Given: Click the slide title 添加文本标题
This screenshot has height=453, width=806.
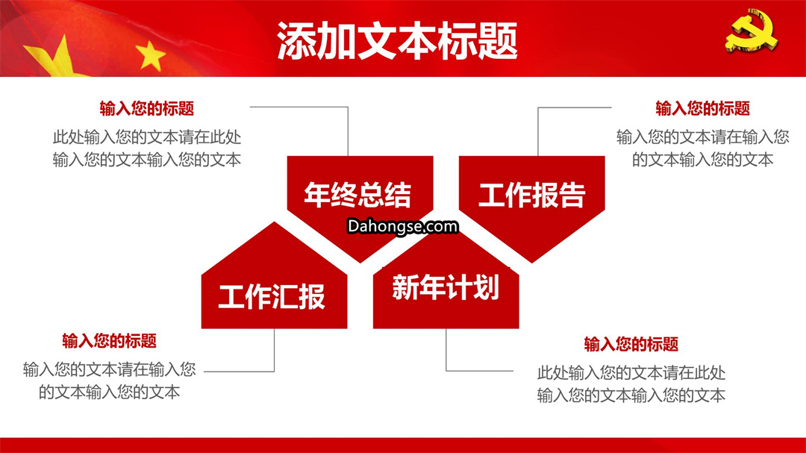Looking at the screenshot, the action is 397,41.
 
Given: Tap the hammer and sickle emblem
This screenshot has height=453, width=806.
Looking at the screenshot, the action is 752,31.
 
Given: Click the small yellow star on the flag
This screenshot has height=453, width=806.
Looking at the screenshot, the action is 150,55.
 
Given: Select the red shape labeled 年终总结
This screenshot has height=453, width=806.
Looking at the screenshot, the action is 360,201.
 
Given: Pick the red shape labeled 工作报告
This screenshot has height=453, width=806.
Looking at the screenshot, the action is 531,201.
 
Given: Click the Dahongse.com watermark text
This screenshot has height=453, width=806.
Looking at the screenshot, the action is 402,226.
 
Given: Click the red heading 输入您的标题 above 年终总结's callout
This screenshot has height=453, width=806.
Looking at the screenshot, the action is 147,108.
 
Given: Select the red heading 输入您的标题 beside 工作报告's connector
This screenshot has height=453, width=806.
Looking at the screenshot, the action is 703,108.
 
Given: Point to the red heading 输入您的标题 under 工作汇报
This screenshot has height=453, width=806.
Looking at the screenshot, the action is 110,341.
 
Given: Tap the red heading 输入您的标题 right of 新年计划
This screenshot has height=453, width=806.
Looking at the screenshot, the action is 631,344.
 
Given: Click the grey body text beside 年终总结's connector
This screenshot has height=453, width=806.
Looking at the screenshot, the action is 147,149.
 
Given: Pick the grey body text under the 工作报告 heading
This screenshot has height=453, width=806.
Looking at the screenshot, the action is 703,149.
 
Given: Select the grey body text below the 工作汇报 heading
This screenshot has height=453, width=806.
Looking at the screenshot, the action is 110,381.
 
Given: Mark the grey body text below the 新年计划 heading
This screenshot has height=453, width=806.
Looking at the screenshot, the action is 631,384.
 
